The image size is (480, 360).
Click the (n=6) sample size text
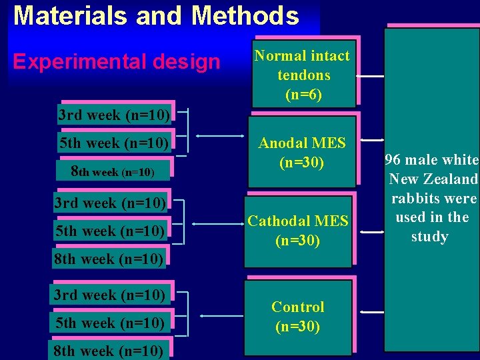tap(303, 94)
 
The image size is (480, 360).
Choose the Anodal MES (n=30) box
tap(302, 152)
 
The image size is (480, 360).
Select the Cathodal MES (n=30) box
tap(298, 231)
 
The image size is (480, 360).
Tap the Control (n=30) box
tap(298, 317)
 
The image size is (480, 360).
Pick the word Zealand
tap(451, 179)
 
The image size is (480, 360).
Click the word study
tap(430, 237)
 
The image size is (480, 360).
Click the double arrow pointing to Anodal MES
tap(215, 138)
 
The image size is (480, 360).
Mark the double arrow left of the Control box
tap(221, 314)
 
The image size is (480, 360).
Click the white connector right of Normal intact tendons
tap(371, 77)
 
